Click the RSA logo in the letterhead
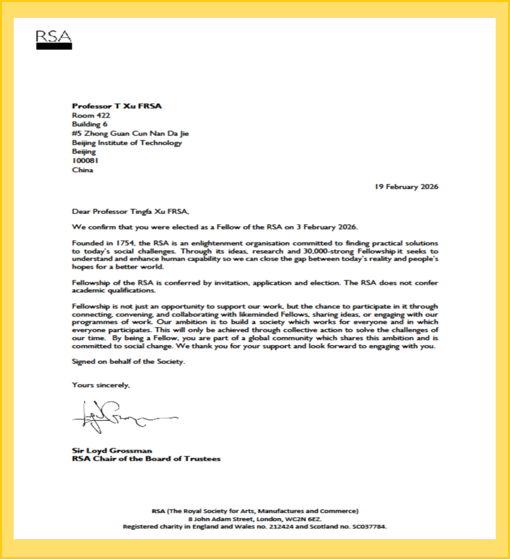pos(54,40)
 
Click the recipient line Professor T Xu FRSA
pos(117,106)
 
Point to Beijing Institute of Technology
pos(127,142)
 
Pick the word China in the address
pos(83,170)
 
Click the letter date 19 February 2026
pos(406,187)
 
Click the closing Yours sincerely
pos(101,386)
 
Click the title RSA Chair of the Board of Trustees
pos(146,460)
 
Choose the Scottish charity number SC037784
pos(366,527)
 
